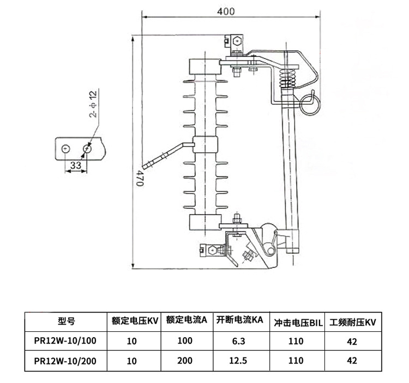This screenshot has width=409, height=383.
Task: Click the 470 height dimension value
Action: (x=140, y=178)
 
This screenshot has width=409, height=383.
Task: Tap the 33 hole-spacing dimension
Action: (x=76, y=164)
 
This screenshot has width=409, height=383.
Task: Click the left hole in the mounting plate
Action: (x=66, y=148)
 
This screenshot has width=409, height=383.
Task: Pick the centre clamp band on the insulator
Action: (x=205, y=144)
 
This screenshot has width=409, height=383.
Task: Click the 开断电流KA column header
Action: (x=240, y=320)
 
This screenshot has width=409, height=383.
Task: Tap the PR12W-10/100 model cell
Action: (x=65, y=342)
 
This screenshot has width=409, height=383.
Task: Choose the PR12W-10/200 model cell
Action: (x=65, y=360)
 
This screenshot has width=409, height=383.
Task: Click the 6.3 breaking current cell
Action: (x=240, y=342)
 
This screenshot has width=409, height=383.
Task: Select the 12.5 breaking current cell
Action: (x=240, y=360)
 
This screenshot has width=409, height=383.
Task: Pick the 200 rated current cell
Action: (x=185, y=360)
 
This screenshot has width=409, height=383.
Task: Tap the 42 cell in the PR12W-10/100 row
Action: (x=352, y=342)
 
